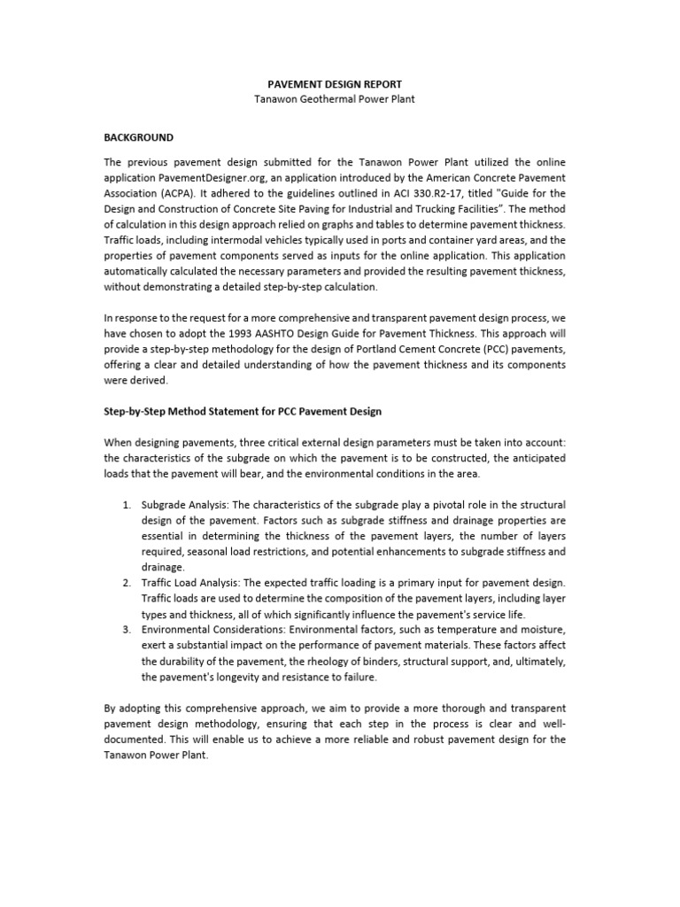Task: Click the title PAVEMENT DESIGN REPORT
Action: click(x=340, y=84)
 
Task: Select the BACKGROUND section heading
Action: click(x=139, y=138)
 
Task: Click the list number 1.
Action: click(x=127, y=505)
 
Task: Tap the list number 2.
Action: click(x=127, y=582)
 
